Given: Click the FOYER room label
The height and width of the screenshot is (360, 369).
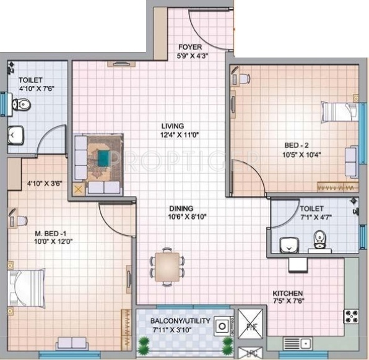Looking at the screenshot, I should [189, 47].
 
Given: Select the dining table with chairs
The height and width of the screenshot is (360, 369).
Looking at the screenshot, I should [167, 265].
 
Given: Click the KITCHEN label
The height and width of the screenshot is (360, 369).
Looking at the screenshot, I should [288, 293].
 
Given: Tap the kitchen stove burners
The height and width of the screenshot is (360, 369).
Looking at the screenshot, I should [351, 316].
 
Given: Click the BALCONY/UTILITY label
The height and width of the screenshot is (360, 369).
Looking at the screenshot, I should [181, 321].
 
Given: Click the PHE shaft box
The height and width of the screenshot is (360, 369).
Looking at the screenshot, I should [251, 326].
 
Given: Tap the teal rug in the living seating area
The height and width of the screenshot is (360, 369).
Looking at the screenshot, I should [101, 158].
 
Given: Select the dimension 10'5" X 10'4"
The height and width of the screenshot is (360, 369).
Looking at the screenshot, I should [302, 155].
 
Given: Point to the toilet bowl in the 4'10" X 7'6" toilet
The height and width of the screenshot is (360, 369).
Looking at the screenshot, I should [22, 105].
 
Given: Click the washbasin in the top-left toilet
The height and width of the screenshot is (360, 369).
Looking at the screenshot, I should [15, 135].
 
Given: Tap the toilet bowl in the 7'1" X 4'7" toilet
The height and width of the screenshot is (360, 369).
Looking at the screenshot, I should [319, 239].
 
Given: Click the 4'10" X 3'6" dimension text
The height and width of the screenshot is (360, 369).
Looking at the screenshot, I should [46, 183].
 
